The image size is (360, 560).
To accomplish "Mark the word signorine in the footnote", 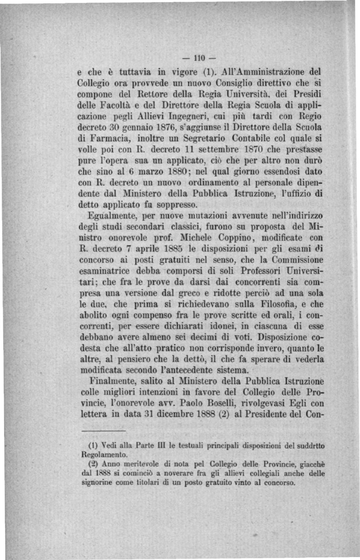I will point(97,483).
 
